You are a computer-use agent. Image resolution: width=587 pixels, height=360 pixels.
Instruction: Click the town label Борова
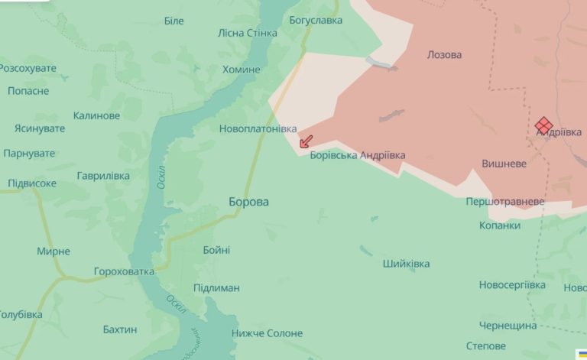pyautogui.click(x=248, y=202)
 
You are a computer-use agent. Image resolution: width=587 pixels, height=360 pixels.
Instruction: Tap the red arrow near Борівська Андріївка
pyautogui.click(x=305, y=141)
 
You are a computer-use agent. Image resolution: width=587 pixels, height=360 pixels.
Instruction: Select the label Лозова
pyautogui.click(x=444, y=55)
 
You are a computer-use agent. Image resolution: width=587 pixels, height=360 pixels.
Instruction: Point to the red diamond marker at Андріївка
pyautogui.click(x=543, y=124)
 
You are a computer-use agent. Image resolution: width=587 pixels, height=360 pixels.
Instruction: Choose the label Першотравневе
pyautogui.click(x=505, y=201)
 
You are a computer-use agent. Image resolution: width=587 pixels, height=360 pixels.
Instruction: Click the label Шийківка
pyautogui.click(x=406, y=264)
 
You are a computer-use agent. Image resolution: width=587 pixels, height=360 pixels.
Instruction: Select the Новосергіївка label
pyautogui.click(x=512, y=285)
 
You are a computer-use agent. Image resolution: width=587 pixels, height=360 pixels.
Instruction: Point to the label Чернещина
pyautogui.click(x=508, y=326)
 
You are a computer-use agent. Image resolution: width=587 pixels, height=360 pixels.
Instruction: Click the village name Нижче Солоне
pyautogui.click(x=268, y=333)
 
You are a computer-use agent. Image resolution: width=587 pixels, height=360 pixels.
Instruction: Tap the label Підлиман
pyautogui.click(x=216, y=288)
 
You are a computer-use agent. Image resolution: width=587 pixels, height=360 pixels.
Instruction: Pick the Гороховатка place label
pyautogui.click(x=124, y=271)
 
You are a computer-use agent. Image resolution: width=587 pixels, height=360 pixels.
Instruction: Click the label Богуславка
pyautogui.click(x=316, y=20)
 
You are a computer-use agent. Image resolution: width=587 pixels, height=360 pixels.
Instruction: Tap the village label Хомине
pyautogui.click(x=242, y=70)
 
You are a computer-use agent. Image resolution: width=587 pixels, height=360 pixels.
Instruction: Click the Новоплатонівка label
pyautogui.click(x=258, y=129)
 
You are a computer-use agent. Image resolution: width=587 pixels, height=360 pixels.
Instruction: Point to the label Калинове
pyautogui.click(x=96, y=115)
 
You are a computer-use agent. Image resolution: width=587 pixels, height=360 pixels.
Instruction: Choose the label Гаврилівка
pyautogui.click(x=103, y=176)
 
